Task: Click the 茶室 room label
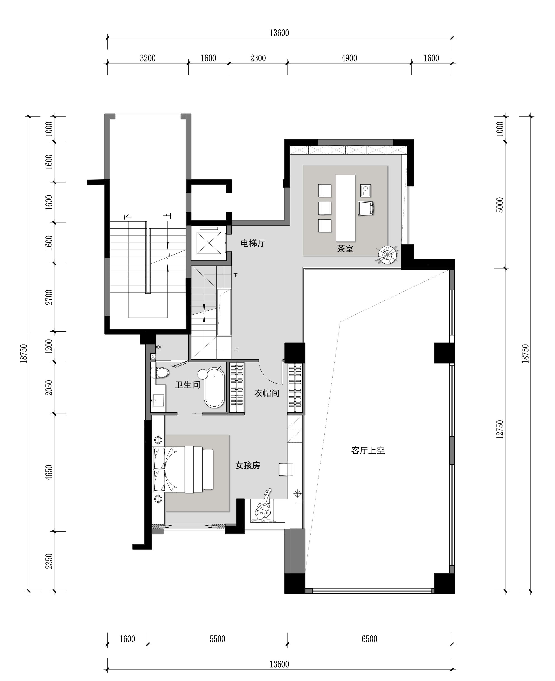point(345,248)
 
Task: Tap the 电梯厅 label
point(253,243)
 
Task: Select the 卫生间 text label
point(188,385)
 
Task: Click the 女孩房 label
point(248,465)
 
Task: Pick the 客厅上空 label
point(368,450)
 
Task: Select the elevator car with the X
point(209,243)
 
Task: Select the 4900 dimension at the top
point(349,58)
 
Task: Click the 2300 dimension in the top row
point(258,58)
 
